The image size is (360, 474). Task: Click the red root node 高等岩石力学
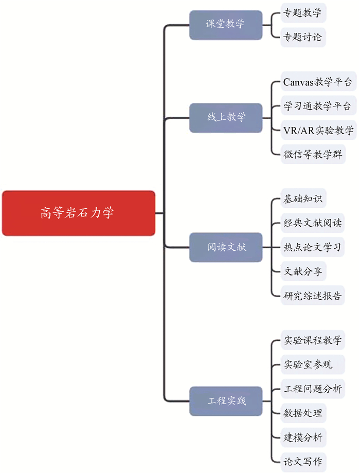pyautogui.click(x=78, y=213)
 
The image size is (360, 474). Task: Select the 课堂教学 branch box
pyautogui.click(x=225, y=24)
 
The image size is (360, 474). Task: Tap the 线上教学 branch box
pyautogui.click(x=225, y=117)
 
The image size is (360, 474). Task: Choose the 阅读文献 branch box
pyautogui.click(x=225, y=247)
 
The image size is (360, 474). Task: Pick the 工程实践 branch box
pyautogui.click(x=225, y=400)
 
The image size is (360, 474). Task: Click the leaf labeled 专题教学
pyautogui.click(x=303, y=13)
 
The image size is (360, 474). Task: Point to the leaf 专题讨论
pyautogui.click(x=303, y=37)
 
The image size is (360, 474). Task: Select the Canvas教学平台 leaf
pyautogui.click(x=318, y=82)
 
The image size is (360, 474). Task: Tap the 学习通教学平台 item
pyautogui.click(x=318, y=106)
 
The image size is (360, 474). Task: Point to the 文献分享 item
pyautogui.click(x=303, y=271)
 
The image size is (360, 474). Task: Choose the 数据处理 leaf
pyautogui.click(x=303, y=413)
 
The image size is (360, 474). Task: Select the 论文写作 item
pyautogui.click(x=303, y=461)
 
